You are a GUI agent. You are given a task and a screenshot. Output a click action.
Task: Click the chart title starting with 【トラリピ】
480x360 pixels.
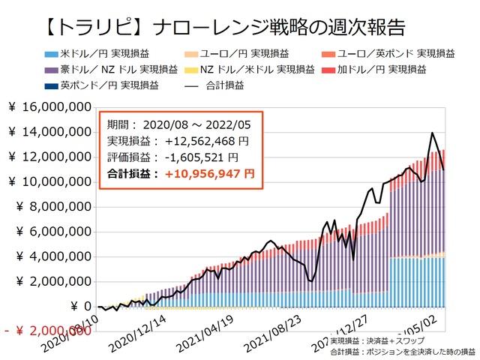click(x=221, y=28)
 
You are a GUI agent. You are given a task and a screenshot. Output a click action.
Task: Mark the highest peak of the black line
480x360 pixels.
click(x=432, y=133)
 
